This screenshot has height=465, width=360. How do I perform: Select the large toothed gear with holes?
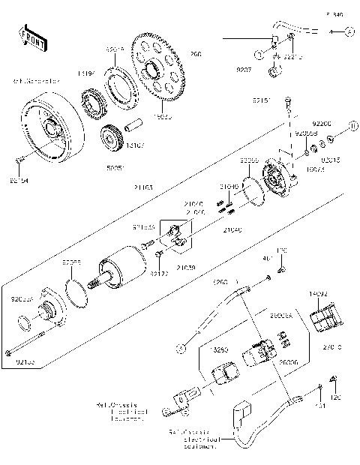click(160, 72)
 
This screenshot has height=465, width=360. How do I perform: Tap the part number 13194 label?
click(88, 74)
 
